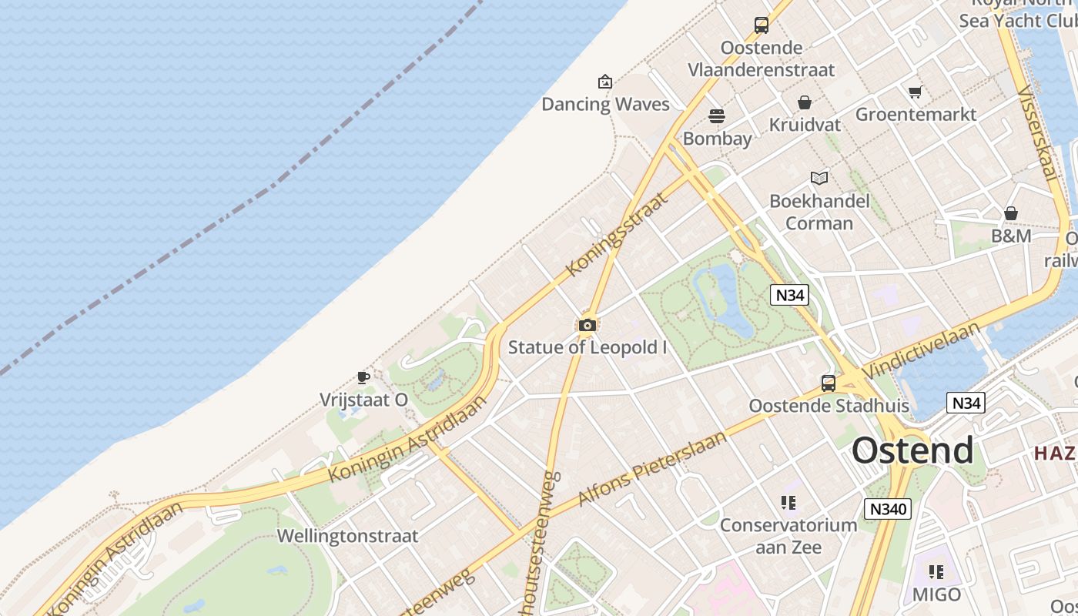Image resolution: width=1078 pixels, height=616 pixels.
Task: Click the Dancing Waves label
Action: (605, 105)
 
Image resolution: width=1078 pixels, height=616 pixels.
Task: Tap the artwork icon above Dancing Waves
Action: (605, 81)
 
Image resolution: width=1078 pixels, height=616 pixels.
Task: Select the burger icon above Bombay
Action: (717, 116)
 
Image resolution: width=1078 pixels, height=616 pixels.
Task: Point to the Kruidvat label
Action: (805, 125)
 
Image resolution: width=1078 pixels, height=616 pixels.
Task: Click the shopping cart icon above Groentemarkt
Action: (915, 92)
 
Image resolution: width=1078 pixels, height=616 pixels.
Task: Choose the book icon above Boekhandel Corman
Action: (819, 179)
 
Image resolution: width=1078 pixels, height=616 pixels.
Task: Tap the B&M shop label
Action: (1011, 236)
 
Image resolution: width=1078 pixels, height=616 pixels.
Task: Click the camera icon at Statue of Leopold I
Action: (588, 326)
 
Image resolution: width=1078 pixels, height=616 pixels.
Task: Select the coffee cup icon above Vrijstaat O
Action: (363, 377)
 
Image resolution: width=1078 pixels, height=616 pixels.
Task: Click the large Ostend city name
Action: (912, 450)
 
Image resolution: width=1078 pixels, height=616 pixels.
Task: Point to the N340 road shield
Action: (888, 509)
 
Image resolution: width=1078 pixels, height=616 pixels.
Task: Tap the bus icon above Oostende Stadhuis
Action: (829, 383)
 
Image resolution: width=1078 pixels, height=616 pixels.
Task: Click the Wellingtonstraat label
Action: (347, 536)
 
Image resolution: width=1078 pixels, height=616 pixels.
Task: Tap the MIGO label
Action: (936, 595)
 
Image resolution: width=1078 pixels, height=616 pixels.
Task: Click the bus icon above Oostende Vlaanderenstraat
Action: (762, 25)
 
